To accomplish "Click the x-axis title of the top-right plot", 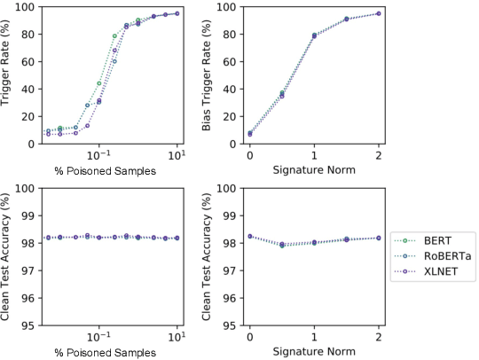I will [x=314, y=168].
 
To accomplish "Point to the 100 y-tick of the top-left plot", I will [x=26, y=7].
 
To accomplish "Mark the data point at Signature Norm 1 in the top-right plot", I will [x=314, y=35].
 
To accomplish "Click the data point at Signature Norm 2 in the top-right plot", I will [x=379, y=13].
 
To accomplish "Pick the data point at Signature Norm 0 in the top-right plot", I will [x=249, y=134].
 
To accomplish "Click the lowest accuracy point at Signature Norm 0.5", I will [x=282, y=246].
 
